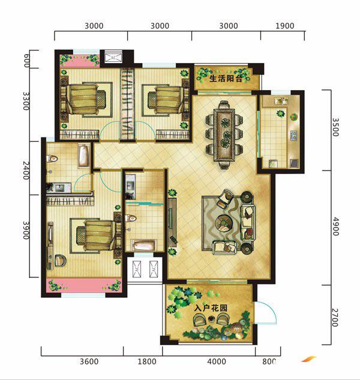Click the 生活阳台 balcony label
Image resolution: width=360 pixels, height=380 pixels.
[226, 79]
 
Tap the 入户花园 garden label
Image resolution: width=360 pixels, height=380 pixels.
[211, 309]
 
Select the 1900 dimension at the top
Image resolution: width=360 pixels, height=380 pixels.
[284, 26]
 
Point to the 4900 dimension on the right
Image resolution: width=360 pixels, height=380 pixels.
[335, 226]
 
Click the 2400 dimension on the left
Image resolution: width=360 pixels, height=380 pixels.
[26, 170]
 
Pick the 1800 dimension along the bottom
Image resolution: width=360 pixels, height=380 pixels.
[147, 361]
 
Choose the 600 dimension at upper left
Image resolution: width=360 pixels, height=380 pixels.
[26, 61]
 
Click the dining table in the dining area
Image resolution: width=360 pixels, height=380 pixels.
[224, 135]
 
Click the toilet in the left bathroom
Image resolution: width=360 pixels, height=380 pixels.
[52, 158]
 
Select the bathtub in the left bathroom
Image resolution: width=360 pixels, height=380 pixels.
[84, 155]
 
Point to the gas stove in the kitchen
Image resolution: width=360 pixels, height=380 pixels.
[294, 136]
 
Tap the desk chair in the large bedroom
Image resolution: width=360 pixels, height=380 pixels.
[60, 261]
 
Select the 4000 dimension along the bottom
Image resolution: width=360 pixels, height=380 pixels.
[217, 361]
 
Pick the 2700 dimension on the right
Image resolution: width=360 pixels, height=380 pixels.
[335, 318]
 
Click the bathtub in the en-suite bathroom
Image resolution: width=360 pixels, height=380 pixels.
[144, 245]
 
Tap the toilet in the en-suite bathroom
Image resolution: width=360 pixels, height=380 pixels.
[130, 218]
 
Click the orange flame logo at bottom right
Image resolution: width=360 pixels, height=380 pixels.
[309, 358]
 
